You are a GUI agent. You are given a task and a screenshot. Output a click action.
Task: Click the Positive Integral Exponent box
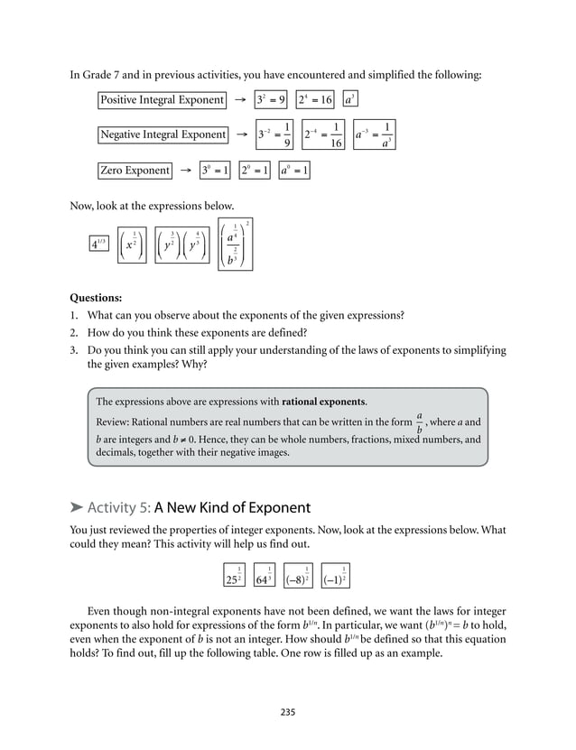tap(162, 99)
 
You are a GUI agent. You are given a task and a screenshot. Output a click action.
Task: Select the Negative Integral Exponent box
tap(163, 134)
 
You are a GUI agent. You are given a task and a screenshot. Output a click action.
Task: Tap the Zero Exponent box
tap(135, 170)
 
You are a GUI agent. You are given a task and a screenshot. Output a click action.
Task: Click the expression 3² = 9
tap(271, 99)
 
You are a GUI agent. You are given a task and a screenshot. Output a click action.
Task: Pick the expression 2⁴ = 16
tap(314, 99)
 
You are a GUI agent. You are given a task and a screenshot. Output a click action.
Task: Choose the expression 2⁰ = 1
tap(255, 170)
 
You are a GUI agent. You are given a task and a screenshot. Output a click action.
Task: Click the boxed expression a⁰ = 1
tap(293, 170)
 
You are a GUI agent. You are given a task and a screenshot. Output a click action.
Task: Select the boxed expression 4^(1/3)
tap(98, 243)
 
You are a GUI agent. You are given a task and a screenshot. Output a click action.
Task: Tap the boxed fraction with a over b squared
tap(236, 244)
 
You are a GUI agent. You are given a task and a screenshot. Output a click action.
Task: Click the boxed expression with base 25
tap(234, 575)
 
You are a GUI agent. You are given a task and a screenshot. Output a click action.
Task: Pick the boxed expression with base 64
tap(265, 575)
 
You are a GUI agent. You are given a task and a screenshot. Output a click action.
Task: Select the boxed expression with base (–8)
tap(298, 575)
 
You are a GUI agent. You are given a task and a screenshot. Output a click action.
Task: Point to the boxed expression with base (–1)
tap(335, 575)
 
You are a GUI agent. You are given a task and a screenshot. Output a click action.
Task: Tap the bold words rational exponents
tap(323, 401)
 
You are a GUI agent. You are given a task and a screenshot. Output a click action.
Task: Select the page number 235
tap(288, 712)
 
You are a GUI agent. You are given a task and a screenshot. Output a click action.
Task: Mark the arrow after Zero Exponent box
tap(184, 170)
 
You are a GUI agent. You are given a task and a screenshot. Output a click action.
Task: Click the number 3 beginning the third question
tap(73, 350)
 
